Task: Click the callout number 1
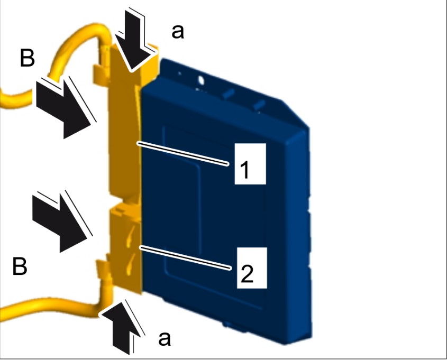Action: pyautogui.click(x=244, y=169)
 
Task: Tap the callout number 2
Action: pyautogui.click(x=247, y=274)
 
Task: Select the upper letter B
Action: pyautogui.click(x=28, y=58)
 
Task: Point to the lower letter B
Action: pyautogui.click(x=20, y=266)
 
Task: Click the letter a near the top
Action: pyautogui.click(x=178, y=32)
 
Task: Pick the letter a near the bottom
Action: pyautogui.click(x=165, y=339)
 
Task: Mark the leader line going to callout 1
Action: pyautogui.click(x=183, y=153)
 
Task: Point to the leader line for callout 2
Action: pyautogui.click(x=185, y=257)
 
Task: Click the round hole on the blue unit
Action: pyautogui.click(x=201, y=80)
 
